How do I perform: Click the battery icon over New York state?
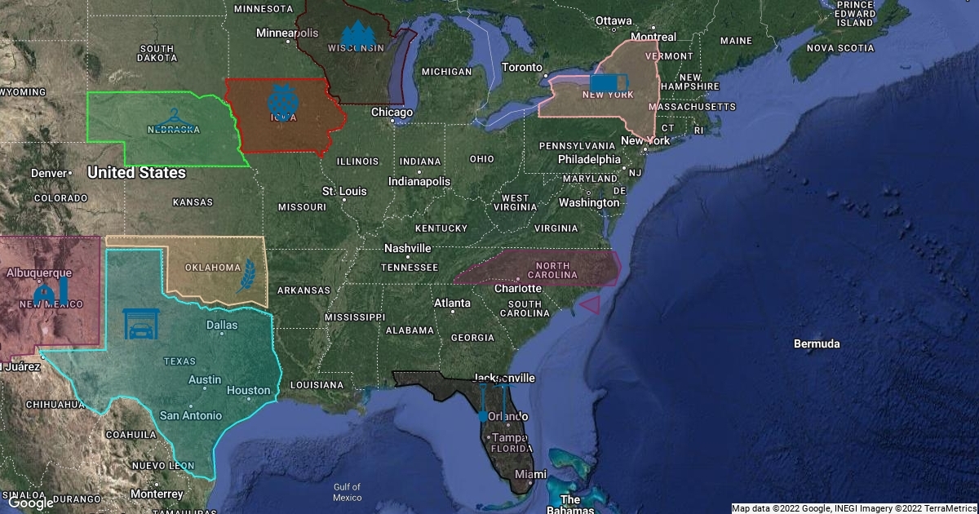(609, 82)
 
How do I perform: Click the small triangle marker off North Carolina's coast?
(590, 305)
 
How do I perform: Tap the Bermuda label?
(817, 343)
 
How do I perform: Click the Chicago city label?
(392, 112)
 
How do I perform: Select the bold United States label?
(136, 173)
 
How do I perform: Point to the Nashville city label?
(407, 248)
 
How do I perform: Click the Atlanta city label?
(452, 303)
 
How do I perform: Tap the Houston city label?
(248, 390)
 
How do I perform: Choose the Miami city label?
(530, 474)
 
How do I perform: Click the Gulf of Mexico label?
(347, 492)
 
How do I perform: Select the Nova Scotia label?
(839, 48)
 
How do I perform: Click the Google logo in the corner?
(30, 503)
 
